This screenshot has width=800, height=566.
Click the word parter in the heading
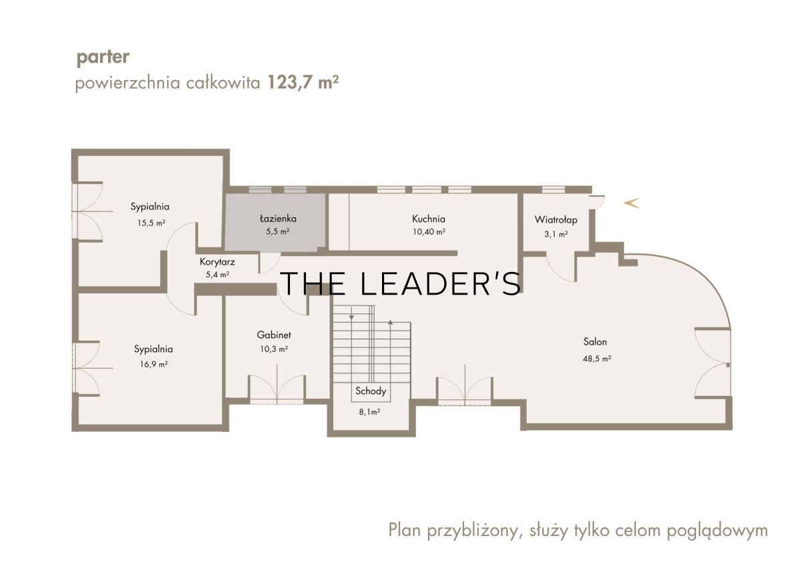(x=103, y=58)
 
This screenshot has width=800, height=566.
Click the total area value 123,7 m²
(x=303, y=83)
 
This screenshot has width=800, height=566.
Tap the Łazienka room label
(x=278, y=218)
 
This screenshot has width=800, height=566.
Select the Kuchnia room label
(x=429, y=219)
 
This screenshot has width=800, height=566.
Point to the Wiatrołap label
(x=556, y=219)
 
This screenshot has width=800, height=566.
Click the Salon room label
(x=595, y=342)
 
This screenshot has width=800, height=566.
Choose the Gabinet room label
(x=273, y=335)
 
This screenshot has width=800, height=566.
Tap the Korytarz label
(x=217, y=262)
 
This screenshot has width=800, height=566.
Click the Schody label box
(x=371, y=391)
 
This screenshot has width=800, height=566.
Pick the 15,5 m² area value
(x=151, y=223)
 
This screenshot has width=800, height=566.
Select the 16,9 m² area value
(x=153, y=365)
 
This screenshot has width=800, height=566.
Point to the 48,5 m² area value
(x=597, y=359)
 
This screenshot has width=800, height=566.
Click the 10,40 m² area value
(x=429, y=232)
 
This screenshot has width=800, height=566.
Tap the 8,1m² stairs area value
(x=369, y=412)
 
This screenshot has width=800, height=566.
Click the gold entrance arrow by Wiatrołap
(x=631, y=203)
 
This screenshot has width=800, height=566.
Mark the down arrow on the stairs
(x=352, y=317)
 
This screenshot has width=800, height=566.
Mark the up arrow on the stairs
(x=391, y=323)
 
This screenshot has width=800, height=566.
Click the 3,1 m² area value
(x=556, y=234)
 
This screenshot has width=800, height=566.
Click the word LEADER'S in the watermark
(x=441, y=283)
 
